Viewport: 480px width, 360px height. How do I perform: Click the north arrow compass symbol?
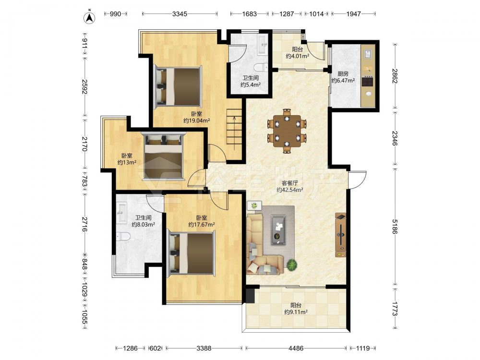pyautogui.click(x=89, y=17)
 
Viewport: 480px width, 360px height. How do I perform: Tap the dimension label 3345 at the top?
pyautogui.click(x=180, y=14)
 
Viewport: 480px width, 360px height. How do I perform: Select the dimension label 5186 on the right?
pyautogui.click(x=395, y=227)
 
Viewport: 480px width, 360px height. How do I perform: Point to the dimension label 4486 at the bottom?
pyautogui.click(x=296, y=348)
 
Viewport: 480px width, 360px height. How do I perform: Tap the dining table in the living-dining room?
pyautogui.click(x=287, y=131)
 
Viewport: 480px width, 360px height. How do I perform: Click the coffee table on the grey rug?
pyautogui.click(x=278, y=229)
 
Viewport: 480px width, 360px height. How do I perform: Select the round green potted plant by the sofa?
pyautogui.click(x=292, y=264)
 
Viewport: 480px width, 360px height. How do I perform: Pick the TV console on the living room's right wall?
pyautogui.click(x=341, y=235)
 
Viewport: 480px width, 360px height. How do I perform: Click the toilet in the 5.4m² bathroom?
pyautogui.click(x=262, y=67)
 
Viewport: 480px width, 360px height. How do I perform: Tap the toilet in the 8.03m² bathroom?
pyautogui.click(x=123, y=236)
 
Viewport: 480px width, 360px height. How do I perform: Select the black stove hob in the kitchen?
pyautogui.click(x=368, y=82)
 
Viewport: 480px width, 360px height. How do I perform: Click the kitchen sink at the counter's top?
pyautogui.click(x=368, y=54)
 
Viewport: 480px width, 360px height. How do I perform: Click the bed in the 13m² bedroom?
pyautogui.click(x=164, y=156)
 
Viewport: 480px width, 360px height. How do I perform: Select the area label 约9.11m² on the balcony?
pyautogui.click(x=296, y=312)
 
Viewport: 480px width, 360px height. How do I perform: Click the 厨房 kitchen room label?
pyautogui.click(x=343, y=74)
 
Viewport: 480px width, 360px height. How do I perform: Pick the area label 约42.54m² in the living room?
pyautogui.click(x=289, y=190)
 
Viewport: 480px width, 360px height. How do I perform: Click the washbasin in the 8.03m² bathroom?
pyautogui.click(x=121, y=213)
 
